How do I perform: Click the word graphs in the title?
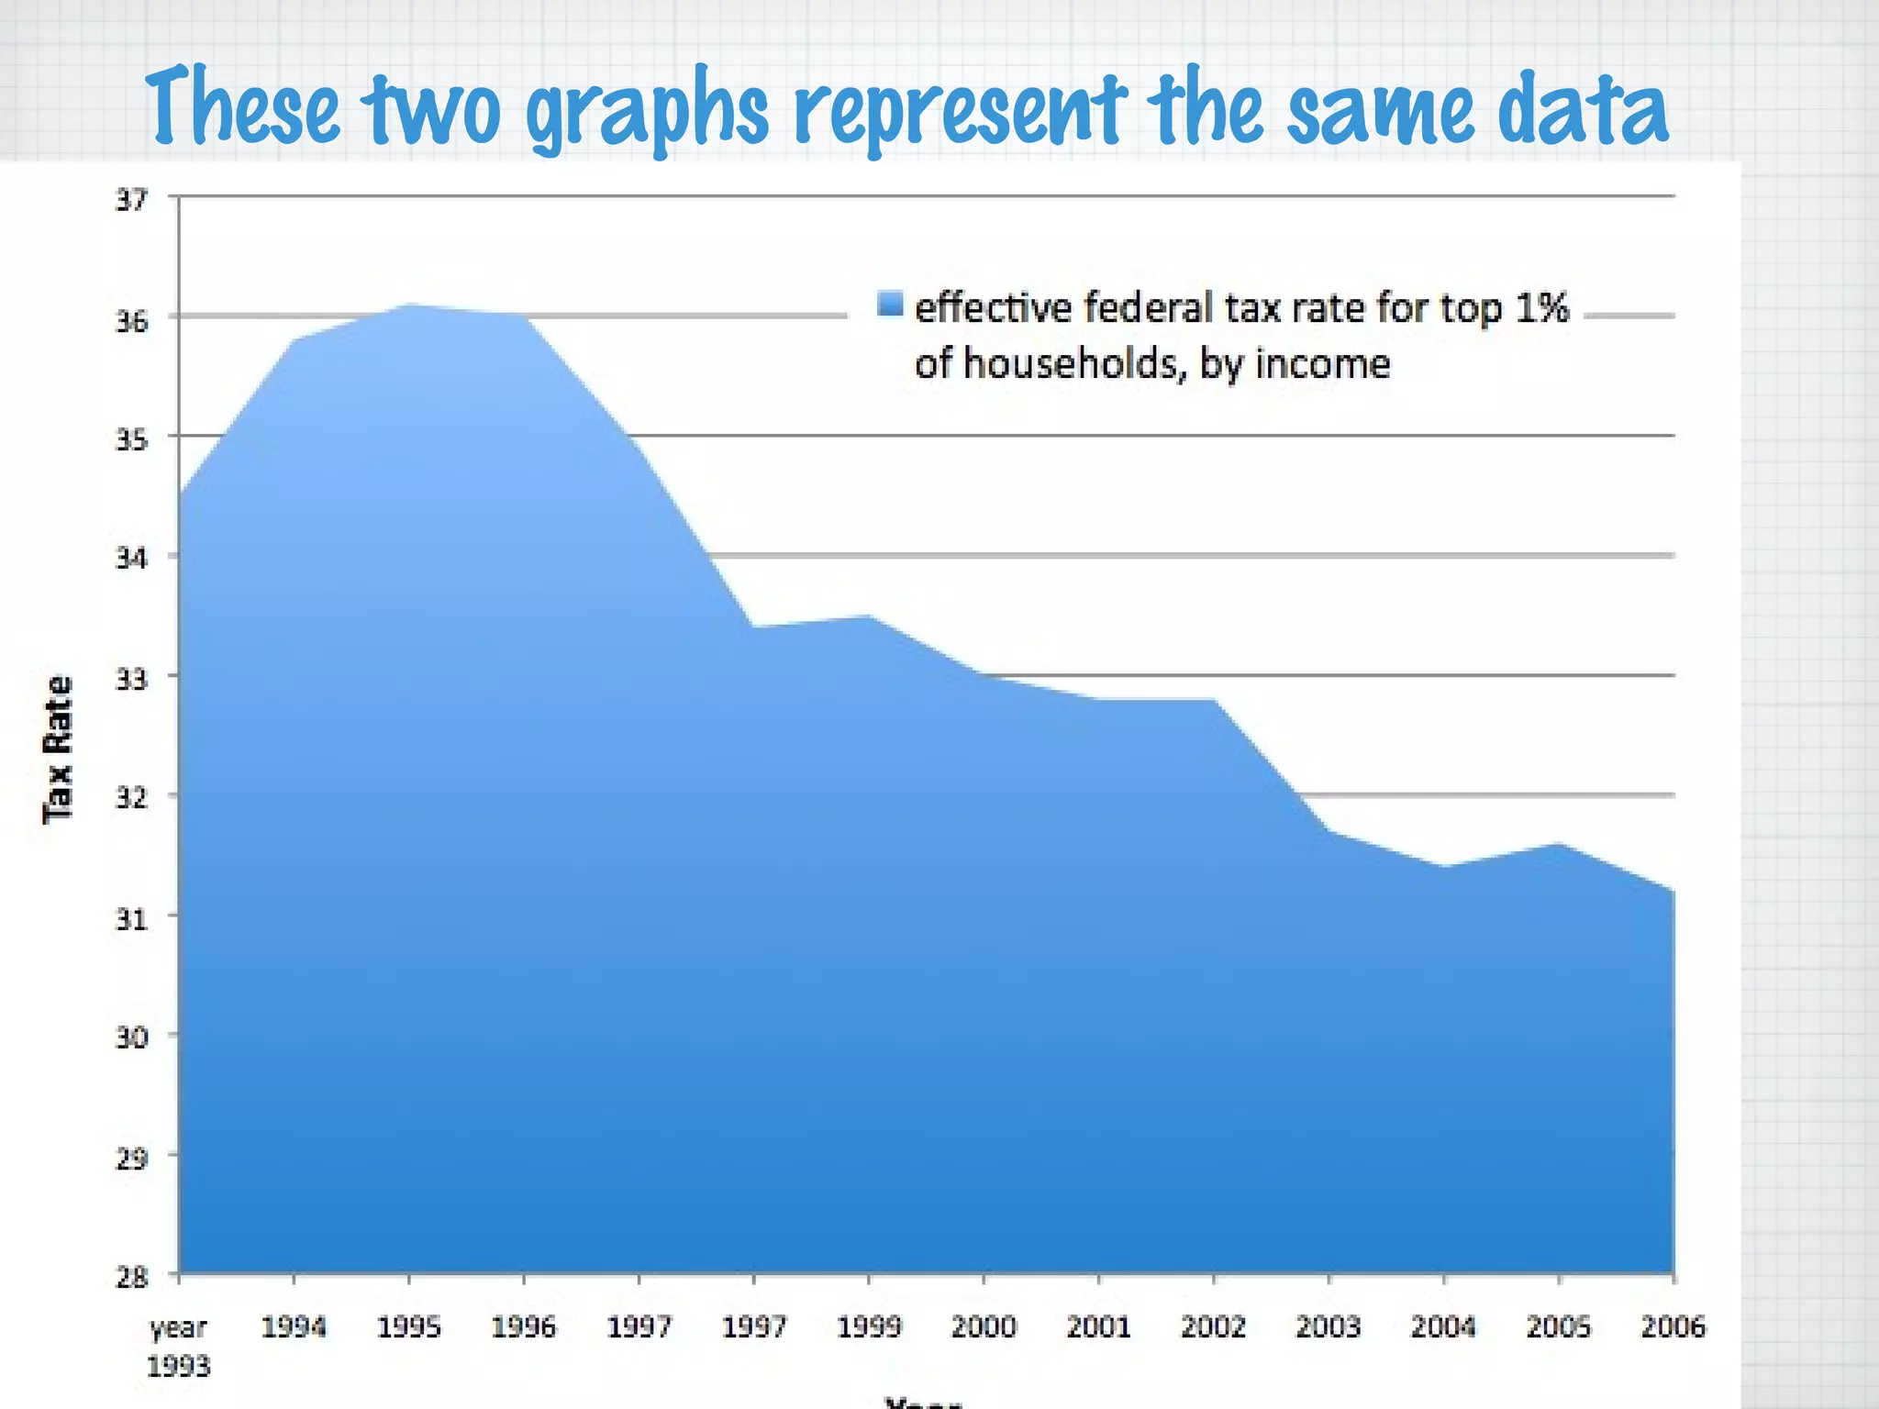(x=648, y=110)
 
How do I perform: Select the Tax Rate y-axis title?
(x=58, y=749)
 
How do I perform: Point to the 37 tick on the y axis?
(x=131, y=199)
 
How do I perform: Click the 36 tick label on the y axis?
(x=131, y=320)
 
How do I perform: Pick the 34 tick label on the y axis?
(x=131, y=557)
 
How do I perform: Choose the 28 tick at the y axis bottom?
(x=131, y=1276)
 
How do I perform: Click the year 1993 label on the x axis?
(x=179, y=1346)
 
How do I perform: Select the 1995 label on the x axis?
(x=409, y=1326)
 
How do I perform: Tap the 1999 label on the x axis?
(x=869, y=1326)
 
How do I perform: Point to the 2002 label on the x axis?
(x=1213, y=1326)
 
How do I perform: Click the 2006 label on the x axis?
(x=1673, y=1326)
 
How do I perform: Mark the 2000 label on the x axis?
(x=984, y=1326)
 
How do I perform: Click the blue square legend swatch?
(x=890, y=304)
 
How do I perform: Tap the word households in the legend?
(x=1069, y=364)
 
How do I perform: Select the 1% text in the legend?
(x=1541, y=307)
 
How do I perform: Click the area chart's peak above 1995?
(x=410, y=306)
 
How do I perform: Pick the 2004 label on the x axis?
(x=1443, y=1326)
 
